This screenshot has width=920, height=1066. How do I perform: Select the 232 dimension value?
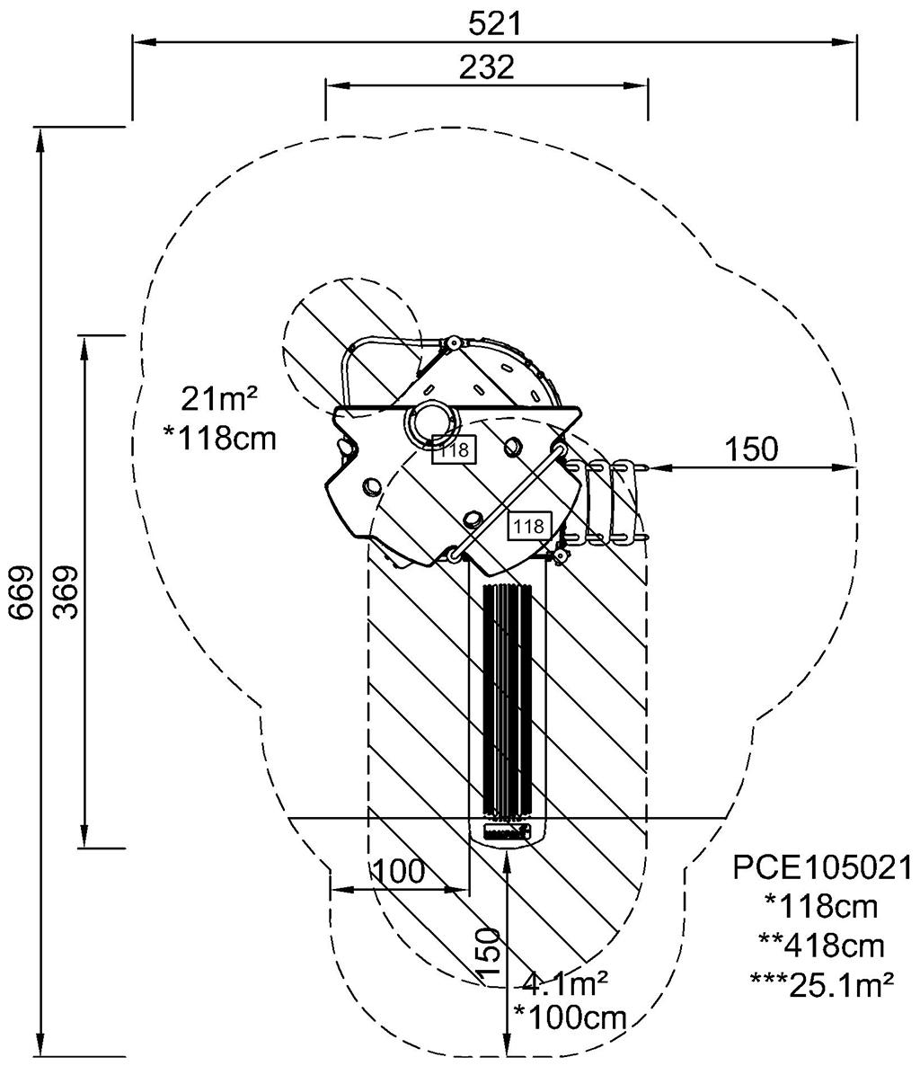pyautogui.click(x=485, y=67)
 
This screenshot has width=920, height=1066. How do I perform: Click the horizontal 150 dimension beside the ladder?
pyautogui.click(x=751, y=449)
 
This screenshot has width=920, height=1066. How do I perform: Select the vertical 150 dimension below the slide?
pyautogui.click(x=488, y=955)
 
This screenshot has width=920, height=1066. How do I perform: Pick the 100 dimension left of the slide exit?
pyautogui.click(x=398, y=871)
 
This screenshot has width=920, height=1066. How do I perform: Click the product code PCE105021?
pyautogui.click(x=822, y=867)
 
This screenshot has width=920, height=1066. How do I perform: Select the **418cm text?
pyautogui.click(x=821, y=946)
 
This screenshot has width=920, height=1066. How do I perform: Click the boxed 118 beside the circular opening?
pyautogui.click(x=454, y=449)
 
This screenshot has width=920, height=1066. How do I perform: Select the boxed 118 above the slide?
pyautogui.click(x=528, y=525)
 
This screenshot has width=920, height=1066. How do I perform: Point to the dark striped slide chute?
pyautogui.click(x=508, y=701)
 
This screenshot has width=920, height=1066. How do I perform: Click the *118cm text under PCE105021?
pyautogui.click(x=821, y=906)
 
